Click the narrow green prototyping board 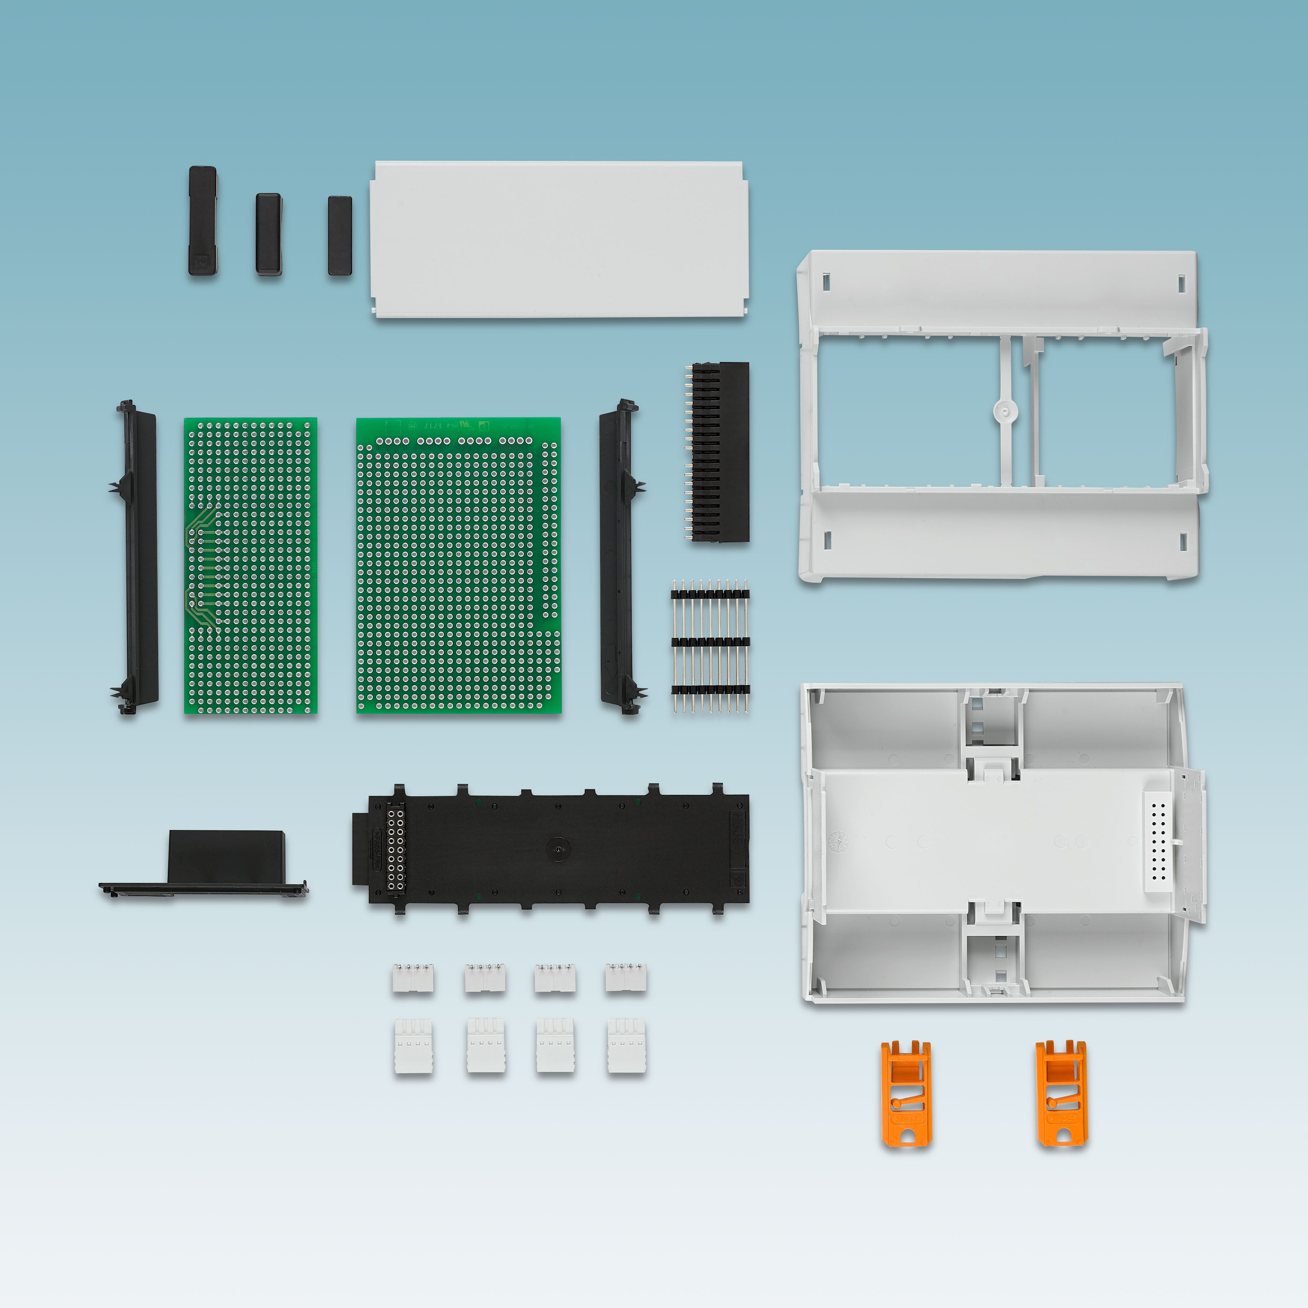[x=250, y=565]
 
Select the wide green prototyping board [x=458, y=565]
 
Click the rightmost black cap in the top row [x=340, y=236]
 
